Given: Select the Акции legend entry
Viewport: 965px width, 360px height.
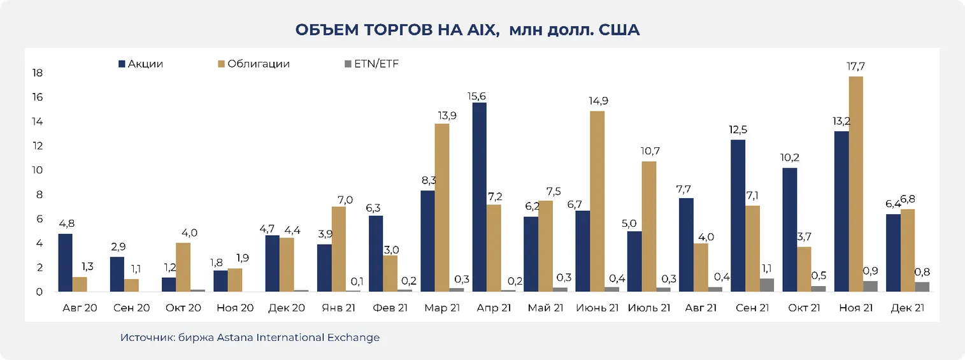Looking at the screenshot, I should [141, 64].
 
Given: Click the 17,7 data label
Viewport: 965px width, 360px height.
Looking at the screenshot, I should [857, 66].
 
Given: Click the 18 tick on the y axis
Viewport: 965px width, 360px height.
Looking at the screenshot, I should [38, 73].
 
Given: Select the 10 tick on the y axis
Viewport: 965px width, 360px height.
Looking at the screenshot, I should [38, 171].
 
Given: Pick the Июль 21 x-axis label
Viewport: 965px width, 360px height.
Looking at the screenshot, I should [648, 308].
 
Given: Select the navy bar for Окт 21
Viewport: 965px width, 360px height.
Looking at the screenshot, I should [790, 230].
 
